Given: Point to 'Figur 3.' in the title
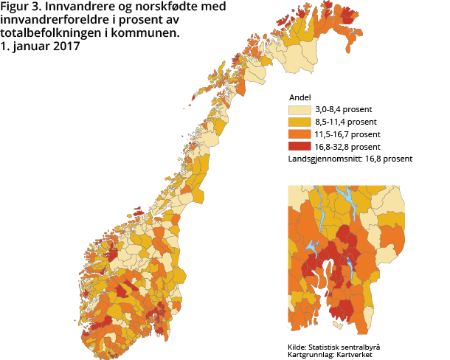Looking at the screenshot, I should pos(21,8).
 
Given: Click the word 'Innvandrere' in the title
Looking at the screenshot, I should pos(77,8).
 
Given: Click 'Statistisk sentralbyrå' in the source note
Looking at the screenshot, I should pos(347,347).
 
